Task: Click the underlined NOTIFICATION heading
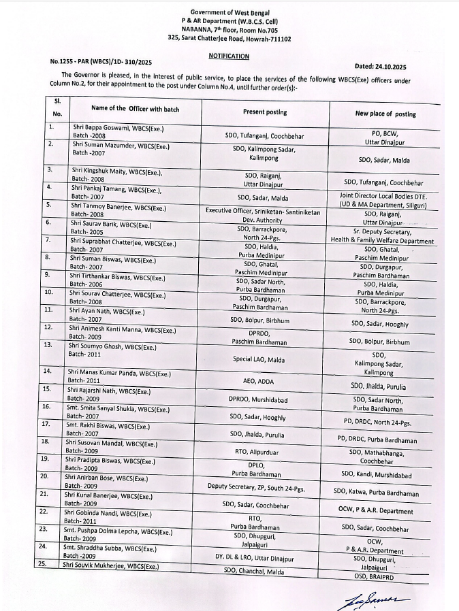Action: pos(229,56)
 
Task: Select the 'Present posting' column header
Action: pos(265,112)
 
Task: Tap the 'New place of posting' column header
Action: pos(385,114)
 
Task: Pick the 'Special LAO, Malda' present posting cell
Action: pos(259,359)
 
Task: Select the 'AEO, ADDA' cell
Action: pos(258,382)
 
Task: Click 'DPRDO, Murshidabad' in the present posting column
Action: pos(258,399)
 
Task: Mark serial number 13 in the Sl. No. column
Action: pos(48,345)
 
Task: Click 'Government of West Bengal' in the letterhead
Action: pos(229,13)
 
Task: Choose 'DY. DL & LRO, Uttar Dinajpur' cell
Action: pos(255,558)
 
